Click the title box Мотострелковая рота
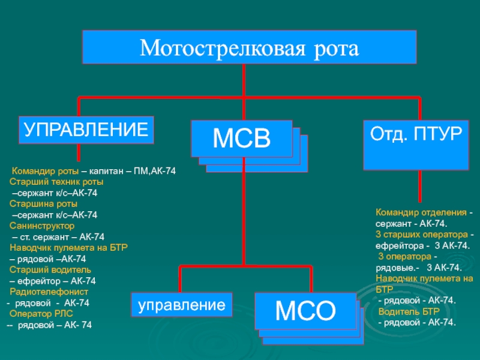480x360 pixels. click(249, 47)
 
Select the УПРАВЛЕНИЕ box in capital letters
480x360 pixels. click(86, 130)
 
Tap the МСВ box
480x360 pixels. click(242, 139)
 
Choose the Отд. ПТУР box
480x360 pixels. click(416, 145)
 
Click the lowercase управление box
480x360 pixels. click(182, 305)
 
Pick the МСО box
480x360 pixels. click(305, 311)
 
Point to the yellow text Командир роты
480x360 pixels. click(45, 171)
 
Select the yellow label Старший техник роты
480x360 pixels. click(56, 182)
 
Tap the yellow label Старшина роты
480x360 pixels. click(43, 204)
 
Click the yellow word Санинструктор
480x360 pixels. click(42, 226)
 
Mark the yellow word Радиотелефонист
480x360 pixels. click(49, 292)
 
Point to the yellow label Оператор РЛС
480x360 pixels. click(41, 314)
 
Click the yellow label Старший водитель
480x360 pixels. click(50, 269)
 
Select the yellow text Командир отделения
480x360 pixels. click(421, 212)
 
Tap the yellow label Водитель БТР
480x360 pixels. click(409, 311)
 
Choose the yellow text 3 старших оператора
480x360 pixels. click(422, 235)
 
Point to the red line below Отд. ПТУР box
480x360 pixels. click(419, 186)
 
